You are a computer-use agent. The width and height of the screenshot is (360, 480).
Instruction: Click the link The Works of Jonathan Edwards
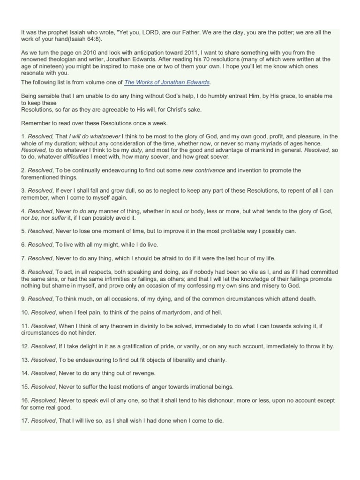coord(167,82)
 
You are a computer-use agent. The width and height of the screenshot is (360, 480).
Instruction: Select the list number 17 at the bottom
coord(25,421)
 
